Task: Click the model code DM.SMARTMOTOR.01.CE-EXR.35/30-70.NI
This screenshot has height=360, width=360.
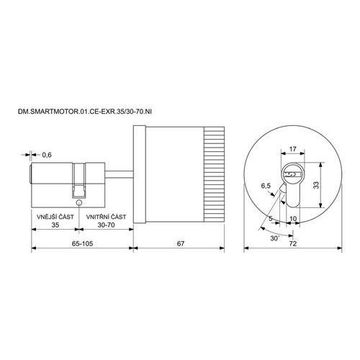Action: click(85, 112)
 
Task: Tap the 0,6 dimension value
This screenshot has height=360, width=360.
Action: click(47, 155)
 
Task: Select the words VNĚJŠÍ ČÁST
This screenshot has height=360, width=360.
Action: click(55, 217)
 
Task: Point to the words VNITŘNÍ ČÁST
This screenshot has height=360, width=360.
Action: click(106, 217)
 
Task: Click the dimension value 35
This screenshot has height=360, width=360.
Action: click(55, 225)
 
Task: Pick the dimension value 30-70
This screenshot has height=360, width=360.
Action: click(106, 225)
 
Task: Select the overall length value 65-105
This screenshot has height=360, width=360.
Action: click(82, 243)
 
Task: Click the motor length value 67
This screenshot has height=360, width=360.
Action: click(181, 243)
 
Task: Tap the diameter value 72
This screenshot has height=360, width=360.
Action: click(293, 243)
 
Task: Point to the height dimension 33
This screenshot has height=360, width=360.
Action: click(316, 185)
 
